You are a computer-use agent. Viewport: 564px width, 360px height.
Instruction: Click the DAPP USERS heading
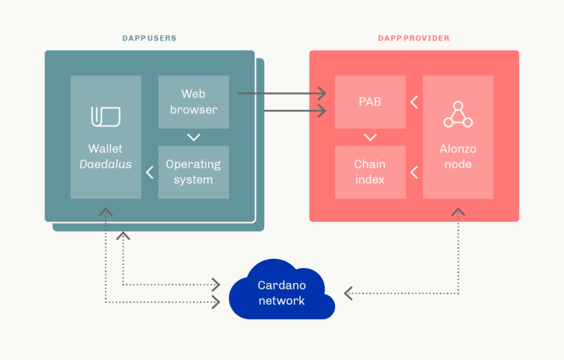pos(149,38)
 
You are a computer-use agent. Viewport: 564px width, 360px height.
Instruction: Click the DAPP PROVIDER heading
pos(414,38)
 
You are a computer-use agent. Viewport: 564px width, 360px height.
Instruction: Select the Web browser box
pos(193,101)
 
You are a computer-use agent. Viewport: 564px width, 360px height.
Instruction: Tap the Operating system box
pos(193,172)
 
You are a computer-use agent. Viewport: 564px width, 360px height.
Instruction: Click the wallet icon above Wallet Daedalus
pos(105,117)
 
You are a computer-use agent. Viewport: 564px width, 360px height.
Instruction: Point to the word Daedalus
pos(105,164)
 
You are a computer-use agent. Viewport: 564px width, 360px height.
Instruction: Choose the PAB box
pos(369,101)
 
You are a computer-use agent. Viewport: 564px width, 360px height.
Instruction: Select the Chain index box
pos(369,172)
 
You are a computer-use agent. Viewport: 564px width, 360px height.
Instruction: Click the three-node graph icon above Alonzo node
pos(458,114)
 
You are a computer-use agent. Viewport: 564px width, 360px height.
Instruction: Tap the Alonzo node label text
pos(458,156)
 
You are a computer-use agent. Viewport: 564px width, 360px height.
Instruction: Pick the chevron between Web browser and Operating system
pos(193,137)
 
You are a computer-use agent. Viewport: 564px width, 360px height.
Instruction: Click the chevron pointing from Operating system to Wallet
pos(149,172)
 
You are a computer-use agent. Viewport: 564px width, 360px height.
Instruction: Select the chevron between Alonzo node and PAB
pos(414,102)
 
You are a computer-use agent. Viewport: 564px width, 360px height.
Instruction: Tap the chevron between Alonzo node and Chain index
pos(414,172)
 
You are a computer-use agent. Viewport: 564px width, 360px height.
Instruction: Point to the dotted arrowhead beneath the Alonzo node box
pos(458,211)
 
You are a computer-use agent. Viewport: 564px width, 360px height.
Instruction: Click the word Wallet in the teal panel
pos(105,149)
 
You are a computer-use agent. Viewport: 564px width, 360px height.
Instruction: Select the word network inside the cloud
pos(281,301)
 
